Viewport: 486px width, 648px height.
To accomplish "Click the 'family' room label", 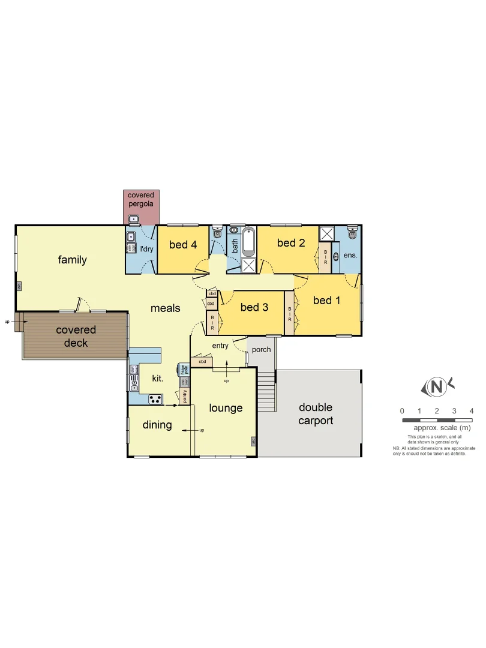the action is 72,260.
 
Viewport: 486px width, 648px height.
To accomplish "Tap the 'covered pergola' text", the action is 140,199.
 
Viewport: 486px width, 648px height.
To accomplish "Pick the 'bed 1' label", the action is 326,300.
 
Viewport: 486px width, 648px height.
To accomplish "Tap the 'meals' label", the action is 165,308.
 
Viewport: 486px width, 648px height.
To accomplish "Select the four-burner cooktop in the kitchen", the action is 155,399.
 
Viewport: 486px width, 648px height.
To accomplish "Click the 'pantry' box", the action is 184,397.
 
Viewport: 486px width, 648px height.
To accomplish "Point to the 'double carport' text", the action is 316,414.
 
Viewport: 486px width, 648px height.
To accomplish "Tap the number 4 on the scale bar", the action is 472,411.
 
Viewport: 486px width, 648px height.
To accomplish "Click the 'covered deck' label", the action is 76,337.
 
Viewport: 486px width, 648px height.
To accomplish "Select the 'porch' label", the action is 262,349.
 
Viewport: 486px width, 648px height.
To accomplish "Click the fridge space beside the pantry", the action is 183,370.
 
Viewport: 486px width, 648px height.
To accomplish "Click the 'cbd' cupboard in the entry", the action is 202,362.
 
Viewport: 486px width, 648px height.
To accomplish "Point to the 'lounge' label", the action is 226,408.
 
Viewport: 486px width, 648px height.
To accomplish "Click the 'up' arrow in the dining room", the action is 194,430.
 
